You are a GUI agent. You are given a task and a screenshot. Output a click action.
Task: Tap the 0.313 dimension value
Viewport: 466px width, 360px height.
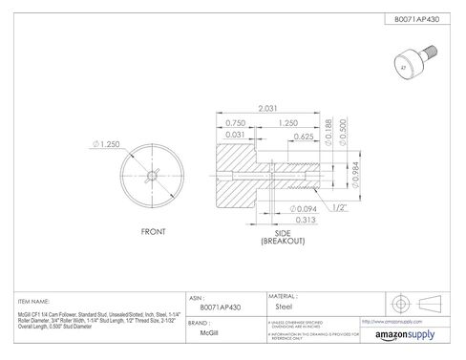pyautogui.click(x=282, y=220)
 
